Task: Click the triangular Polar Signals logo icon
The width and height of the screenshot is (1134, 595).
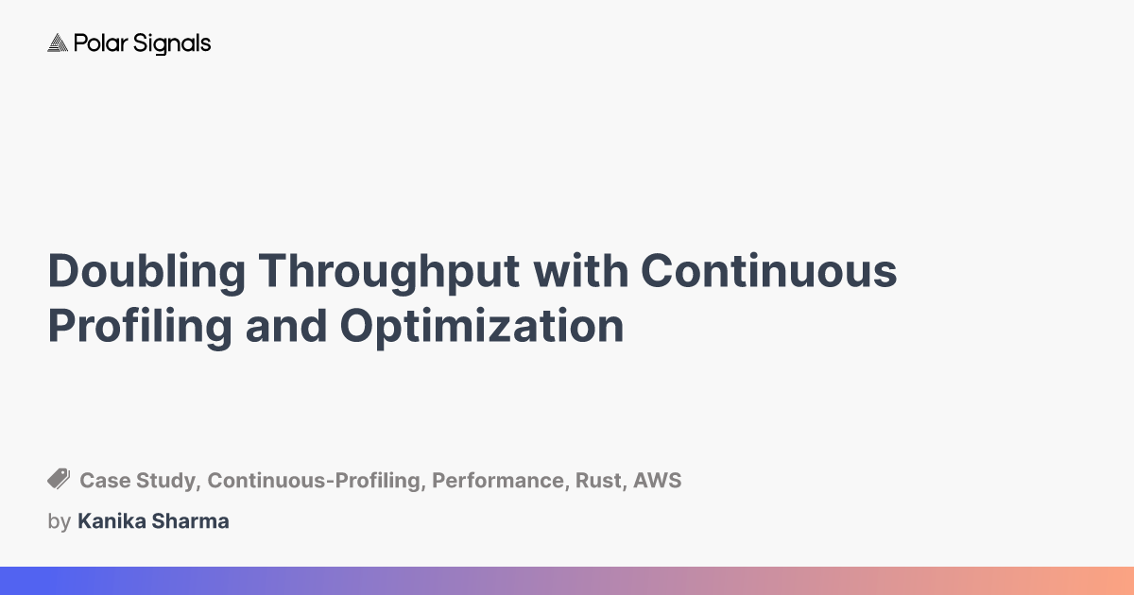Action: [58, 43]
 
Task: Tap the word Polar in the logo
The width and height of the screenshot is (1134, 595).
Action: [101, 43]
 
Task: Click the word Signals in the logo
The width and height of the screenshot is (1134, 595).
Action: [172, 44]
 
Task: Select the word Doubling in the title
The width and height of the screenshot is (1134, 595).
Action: [146, 272]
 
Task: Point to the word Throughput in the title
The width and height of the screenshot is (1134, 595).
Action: [388, 272]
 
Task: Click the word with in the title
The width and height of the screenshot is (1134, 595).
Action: [580, 271]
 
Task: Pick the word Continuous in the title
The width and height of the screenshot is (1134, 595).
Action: [769, 271]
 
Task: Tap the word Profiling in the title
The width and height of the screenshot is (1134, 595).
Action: [140, 328]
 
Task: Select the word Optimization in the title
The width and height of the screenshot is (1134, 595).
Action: [482, 328]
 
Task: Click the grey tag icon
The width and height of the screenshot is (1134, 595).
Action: [59, 479]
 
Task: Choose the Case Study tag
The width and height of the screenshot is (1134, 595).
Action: [138, 481]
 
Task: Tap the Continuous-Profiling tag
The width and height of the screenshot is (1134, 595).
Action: [314, 481]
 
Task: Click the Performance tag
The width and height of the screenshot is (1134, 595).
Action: [498, 481]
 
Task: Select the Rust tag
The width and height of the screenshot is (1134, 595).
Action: [599, 481]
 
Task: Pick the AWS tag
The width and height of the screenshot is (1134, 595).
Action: [657, 480]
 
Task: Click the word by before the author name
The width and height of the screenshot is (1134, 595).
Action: [59, 521]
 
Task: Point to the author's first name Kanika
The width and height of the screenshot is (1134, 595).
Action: [112, 521]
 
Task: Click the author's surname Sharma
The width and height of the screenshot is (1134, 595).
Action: [190, 521]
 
